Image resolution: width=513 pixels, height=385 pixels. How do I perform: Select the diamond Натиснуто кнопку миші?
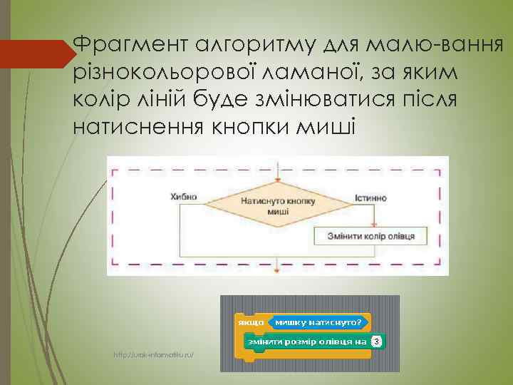pos(269,205)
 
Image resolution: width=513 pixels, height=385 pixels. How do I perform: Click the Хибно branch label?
pos(184,197)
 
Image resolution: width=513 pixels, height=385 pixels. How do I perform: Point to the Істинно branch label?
pos(370,197)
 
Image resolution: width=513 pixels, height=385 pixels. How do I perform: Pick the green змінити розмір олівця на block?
pos(306,342)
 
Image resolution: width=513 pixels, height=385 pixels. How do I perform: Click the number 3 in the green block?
pos(376,342)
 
